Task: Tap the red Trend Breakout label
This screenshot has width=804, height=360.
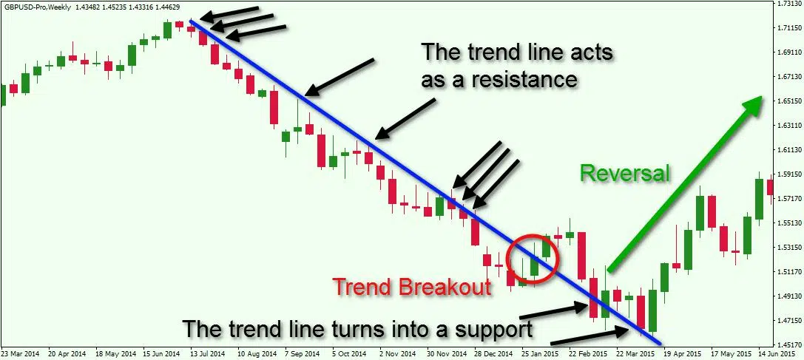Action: (x=412, y=286)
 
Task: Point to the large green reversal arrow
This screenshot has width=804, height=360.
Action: (x=684, y=185)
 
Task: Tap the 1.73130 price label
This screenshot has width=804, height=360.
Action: (x=790, y=4)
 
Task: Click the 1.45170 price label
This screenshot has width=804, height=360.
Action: (x=790, y=344)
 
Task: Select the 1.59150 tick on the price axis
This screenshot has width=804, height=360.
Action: (x=790, y=174)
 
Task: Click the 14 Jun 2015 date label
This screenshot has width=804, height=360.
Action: (x=783, y=354)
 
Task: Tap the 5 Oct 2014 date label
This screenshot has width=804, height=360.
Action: (x=348, y=354)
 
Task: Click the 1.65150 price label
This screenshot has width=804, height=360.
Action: (x=790, y=101)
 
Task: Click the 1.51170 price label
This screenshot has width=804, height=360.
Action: (x=790, y=272)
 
